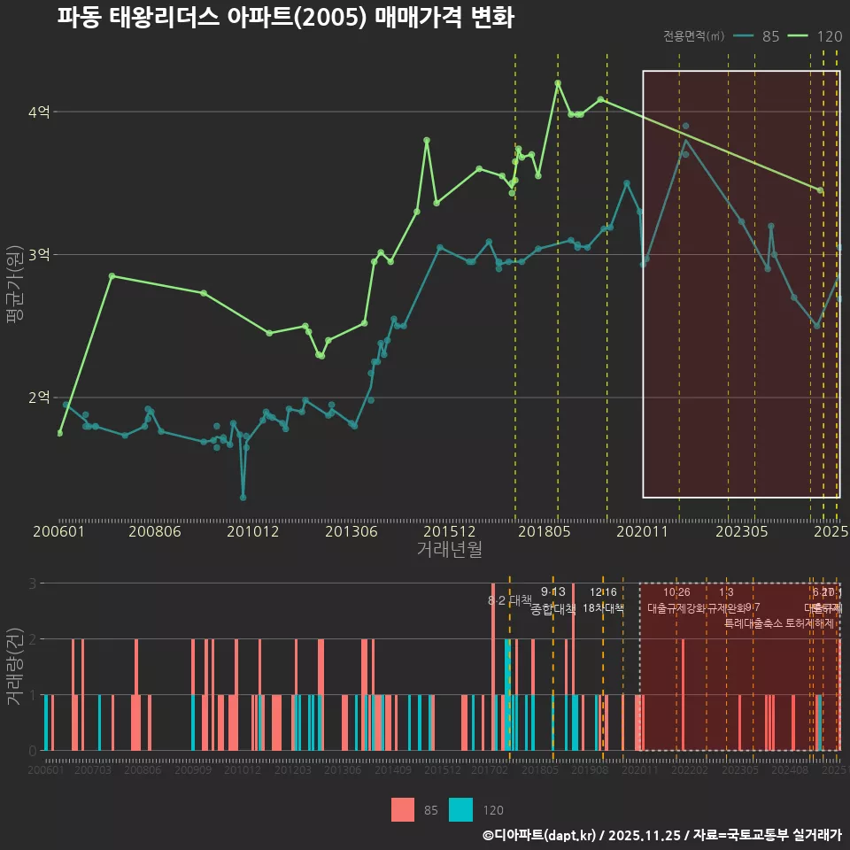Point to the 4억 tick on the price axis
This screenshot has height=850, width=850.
(x=39, y=112)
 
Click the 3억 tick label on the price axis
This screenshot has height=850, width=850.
(x=39, y=255)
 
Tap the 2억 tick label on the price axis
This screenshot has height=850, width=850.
(x=39, y=398)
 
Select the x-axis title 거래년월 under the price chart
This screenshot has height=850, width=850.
(x=449, y=549)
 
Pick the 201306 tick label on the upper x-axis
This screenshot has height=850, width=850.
(x=352, y=532)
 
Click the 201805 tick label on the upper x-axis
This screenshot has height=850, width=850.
(x=544, y=532)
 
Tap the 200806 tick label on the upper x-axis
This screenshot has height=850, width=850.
(x=154, y=532)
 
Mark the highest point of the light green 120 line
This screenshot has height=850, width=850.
(x=558, y=83)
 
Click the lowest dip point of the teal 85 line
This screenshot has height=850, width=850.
(x=243, y=497)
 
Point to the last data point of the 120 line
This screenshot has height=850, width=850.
(x=820, y=190)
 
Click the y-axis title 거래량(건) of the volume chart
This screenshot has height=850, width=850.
(x=15, y=667)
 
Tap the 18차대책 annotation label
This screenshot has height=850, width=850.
(x=603, y=608)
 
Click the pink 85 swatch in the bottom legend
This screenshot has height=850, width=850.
(x=403, y=809)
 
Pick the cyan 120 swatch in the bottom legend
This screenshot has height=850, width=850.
(x=460, y=809)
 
